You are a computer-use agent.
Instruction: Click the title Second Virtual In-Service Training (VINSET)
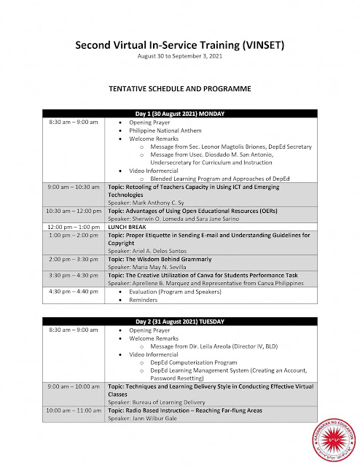click(x=179, y=45)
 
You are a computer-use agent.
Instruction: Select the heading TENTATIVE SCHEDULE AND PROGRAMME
click(x=179, y=89)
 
